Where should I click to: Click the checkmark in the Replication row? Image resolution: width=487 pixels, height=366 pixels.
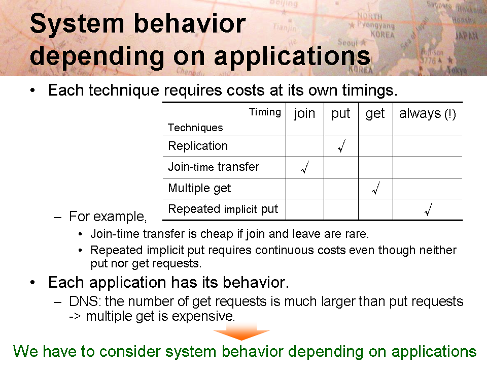click(341, 146)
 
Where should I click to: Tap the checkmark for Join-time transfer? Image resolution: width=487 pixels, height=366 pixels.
click(305, 167)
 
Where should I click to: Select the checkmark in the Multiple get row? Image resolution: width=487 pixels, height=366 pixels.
click(376, 188)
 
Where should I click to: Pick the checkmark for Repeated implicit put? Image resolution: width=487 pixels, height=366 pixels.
click(428, 209)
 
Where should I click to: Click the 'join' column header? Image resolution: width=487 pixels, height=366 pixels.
click(304, 113)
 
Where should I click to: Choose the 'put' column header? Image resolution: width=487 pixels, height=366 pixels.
click(341, 114)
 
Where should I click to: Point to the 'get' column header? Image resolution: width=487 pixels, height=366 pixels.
click(375, 114)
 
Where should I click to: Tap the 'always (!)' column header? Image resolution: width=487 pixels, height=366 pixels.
click(427, 113)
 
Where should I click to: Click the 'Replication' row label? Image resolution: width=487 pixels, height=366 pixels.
click(198, 146)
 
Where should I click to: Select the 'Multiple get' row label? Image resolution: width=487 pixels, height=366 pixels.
click(199, 188)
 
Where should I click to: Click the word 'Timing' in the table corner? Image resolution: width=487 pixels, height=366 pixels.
click(265, 112)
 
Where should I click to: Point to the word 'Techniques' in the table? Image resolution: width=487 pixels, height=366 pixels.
click(195, 128)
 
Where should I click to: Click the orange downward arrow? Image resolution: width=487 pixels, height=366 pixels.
click(241, 332)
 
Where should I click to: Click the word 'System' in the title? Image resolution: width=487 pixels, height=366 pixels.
click(77, 24)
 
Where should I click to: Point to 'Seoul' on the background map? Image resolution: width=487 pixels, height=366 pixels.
click(347, 42)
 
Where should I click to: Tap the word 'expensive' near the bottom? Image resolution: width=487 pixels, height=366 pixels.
click(202, 317)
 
